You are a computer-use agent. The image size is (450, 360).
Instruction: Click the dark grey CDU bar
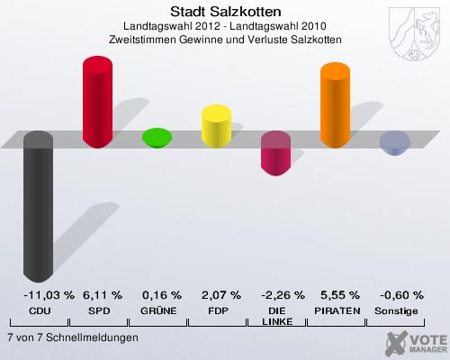point(38,207)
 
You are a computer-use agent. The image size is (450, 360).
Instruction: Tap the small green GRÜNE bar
point(157,137)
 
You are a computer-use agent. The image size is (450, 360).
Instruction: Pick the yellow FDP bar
point(216,125)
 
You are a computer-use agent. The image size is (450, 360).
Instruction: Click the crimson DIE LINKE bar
point(275,153)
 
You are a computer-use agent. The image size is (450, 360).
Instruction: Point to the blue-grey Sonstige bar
point(394,142)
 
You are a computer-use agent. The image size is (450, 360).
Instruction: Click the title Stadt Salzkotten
point(224,12)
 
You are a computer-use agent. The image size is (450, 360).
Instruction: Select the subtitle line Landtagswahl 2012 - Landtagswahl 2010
point(224,27)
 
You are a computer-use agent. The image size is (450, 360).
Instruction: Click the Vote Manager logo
point(415,342)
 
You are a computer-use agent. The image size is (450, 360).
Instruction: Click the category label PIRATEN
point(337,310)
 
